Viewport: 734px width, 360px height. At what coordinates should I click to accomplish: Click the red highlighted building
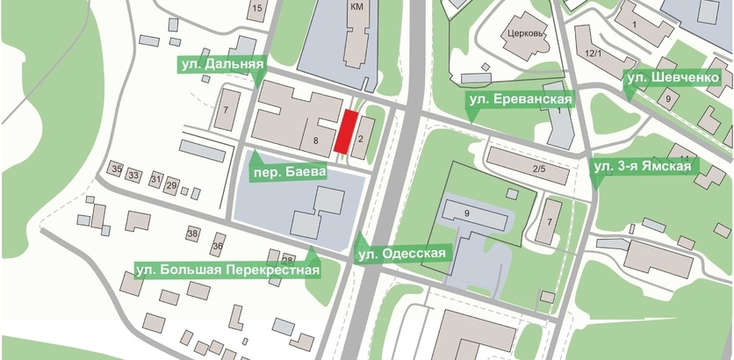point(348,132)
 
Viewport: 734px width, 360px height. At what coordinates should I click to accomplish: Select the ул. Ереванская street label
point(521,100)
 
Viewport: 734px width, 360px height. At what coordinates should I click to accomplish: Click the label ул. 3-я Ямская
point(644,165)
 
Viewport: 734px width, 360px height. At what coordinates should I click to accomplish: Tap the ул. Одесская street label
point(403,254)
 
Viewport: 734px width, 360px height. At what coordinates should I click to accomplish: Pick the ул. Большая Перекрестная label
point(227,269)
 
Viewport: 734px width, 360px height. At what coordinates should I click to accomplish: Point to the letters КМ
point(356,7)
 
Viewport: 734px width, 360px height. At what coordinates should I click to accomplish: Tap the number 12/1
point(593,54)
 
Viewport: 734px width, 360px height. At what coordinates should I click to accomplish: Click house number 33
point(134,176)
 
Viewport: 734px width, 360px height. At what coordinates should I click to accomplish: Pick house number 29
point(172,185)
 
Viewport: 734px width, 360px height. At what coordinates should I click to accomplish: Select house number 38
point(193,234)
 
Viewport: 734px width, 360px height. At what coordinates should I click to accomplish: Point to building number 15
point(256,9)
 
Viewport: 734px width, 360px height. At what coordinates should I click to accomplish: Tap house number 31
point(155,180)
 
